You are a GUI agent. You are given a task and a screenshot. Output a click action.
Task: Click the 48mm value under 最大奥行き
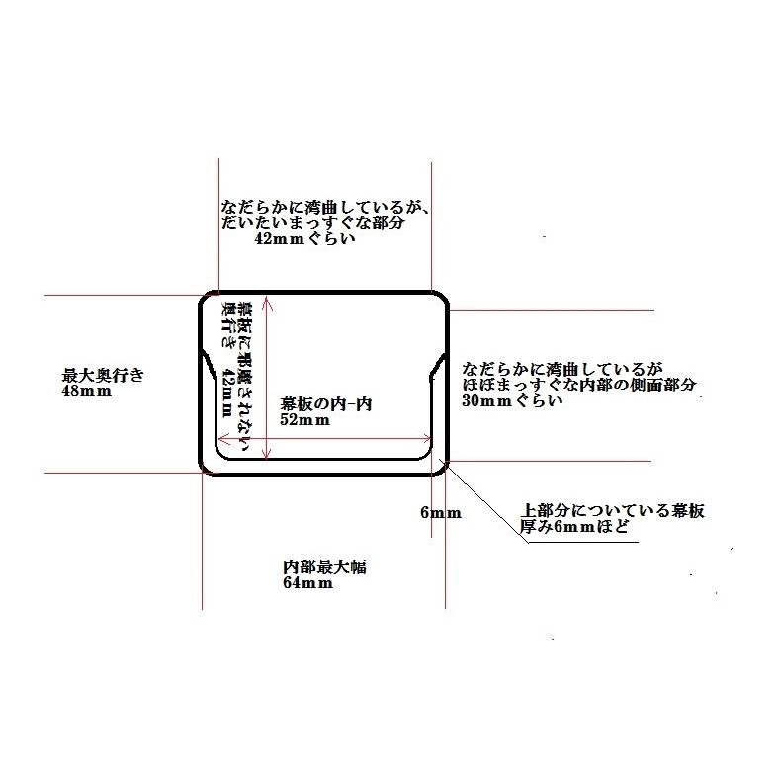coord(87,390)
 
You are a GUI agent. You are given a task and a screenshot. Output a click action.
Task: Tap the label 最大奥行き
coord(103,375)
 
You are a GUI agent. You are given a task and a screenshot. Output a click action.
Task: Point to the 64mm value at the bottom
coord(307,583)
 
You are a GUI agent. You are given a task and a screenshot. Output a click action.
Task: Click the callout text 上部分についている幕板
coord(613,512)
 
